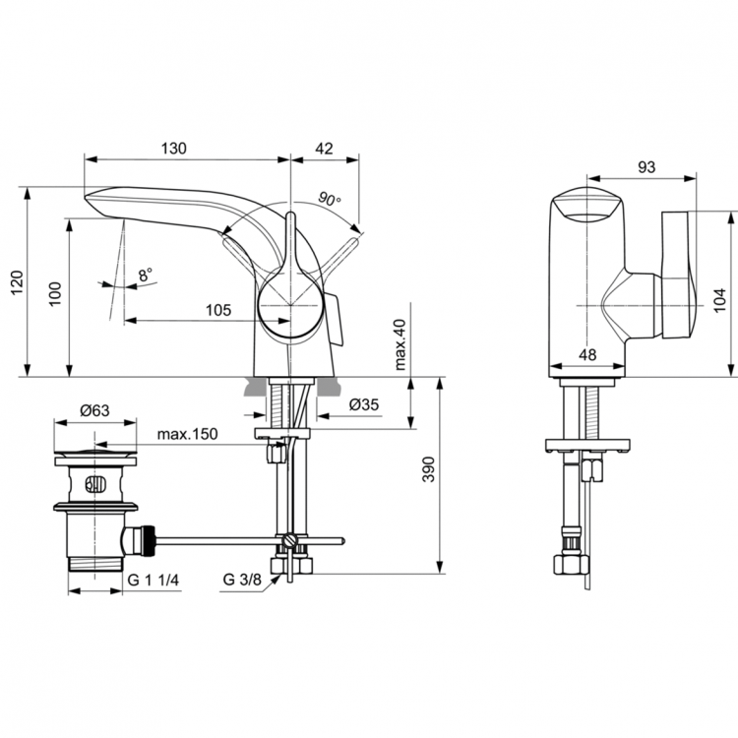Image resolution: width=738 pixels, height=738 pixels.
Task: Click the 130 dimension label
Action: click(173, 149)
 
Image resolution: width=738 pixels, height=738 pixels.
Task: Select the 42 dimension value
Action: click(323, 149)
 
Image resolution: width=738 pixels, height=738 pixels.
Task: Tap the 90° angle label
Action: click(330, 199)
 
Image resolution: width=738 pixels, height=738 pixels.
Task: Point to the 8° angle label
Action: click(146, 276)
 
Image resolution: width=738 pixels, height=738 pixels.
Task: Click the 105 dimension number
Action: click(217, 310)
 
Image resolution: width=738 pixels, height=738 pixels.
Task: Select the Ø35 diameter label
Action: click(363, 403)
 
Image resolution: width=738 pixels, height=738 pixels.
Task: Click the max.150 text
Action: click(187, 435)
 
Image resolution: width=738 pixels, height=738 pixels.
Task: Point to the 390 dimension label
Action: click(426, 474)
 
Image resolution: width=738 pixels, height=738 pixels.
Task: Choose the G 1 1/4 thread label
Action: click(154, 581)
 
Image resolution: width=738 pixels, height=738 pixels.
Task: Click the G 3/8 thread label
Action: click(242, 581)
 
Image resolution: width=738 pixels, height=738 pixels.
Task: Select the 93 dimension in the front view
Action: click(646, 167)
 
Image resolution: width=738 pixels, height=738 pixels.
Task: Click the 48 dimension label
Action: click(587, 354)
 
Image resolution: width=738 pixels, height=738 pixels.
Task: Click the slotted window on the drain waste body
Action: click(95, 484)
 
